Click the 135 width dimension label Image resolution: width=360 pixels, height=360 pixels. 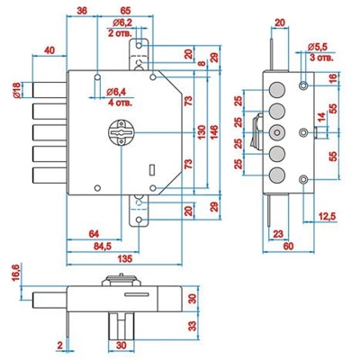click(x=124, y=258)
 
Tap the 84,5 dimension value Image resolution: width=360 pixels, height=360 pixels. click(x=103, y=247)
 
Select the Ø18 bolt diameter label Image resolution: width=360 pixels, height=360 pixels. click(x=17, y=90)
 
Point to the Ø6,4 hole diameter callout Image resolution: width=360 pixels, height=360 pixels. click(x=119, y=93)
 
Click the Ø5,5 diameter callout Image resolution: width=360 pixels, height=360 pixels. click(x=319, y=47)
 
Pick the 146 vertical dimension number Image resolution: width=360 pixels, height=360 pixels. click(x=214, y=132)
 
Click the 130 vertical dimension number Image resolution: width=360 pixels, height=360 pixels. click(x=202, y=132)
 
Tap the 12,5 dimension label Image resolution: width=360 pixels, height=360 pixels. click(x=326, y=216)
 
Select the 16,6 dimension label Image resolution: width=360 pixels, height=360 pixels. click(x=17, y=273)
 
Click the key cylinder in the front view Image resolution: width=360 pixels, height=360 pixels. click(x=121, y=133)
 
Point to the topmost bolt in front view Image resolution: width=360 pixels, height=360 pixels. click(x=49, y=90)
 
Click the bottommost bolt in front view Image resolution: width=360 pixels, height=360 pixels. click(x=49, y=175)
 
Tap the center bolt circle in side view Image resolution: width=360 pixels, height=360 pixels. click(x=276, y=132)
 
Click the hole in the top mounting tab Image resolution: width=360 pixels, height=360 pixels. click(x=139, y=46)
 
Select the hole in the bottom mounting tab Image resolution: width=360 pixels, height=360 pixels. click(x=139, y=220)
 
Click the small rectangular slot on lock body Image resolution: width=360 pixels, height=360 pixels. click(x=152, y=169)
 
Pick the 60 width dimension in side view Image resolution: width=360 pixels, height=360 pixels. click(x=288, y=247)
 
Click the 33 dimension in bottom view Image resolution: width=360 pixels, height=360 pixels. click(x=193, y=326)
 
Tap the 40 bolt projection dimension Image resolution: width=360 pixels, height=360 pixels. click(x=49, y=50)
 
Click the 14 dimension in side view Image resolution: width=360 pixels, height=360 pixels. click(x=320, y=118)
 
